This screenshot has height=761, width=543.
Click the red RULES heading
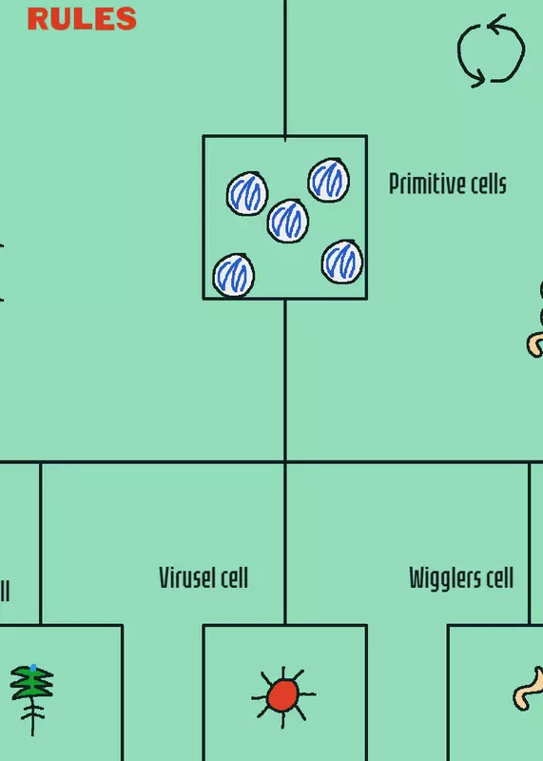point(82,19)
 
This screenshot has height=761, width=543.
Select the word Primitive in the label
point(423,184)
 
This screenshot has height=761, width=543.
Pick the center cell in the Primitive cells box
point(288,221)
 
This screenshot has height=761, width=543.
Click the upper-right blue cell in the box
point(328,180)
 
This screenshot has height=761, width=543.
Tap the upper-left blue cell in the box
point(247,193)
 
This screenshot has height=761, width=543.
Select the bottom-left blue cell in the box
point(233,275)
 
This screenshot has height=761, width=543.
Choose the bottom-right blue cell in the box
point(342,263)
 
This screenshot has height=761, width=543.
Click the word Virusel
point(187,577)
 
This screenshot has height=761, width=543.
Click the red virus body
point(282,695)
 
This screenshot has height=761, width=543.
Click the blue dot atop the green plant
point(33,668)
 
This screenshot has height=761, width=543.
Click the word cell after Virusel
point(234,577)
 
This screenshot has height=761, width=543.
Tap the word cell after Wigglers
point(501,577)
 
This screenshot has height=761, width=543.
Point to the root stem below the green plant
point(33,718)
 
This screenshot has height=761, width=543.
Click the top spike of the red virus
point(283,673)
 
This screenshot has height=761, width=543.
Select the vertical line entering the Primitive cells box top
point(285,70)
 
